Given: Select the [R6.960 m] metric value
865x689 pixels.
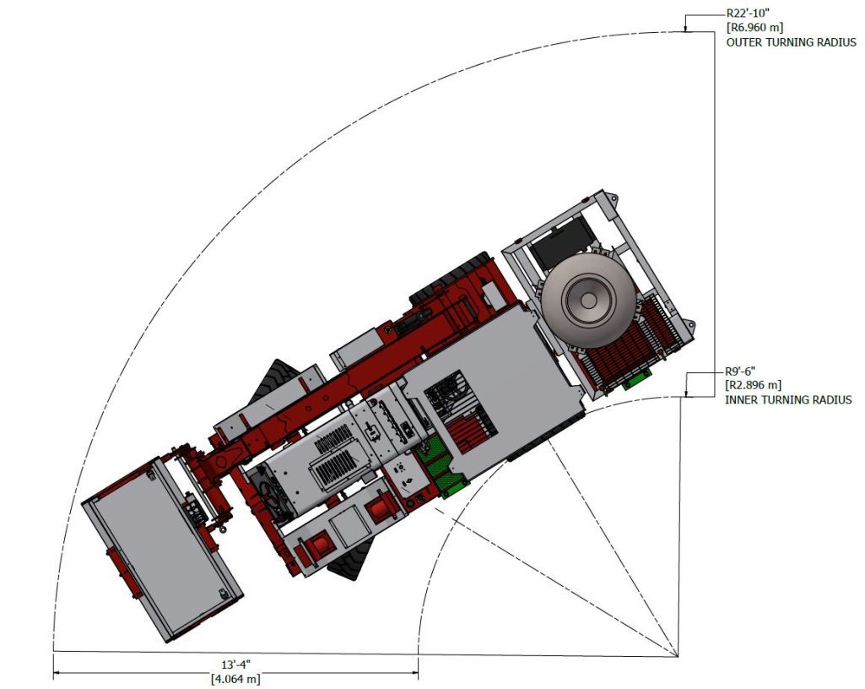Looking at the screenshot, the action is (x=754, y=27).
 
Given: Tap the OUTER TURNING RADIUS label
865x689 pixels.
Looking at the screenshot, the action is (x=791, y=42).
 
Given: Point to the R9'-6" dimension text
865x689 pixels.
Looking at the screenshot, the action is (x=740, y=372).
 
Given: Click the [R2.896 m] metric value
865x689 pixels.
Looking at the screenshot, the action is (x=754, y=385).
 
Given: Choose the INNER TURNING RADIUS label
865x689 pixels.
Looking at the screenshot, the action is (x=788, y=399).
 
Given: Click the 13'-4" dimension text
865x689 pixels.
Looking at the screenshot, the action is (x=235, y=665).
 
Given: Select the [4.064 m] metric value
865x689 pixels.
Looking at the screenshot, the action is (x=235, y=679).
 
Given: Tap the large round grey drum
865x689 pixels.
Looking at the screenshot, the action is (x=588, y=301).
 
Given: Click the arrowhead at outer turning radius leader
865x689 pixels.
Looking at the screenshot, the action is (x=685, y=28).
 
